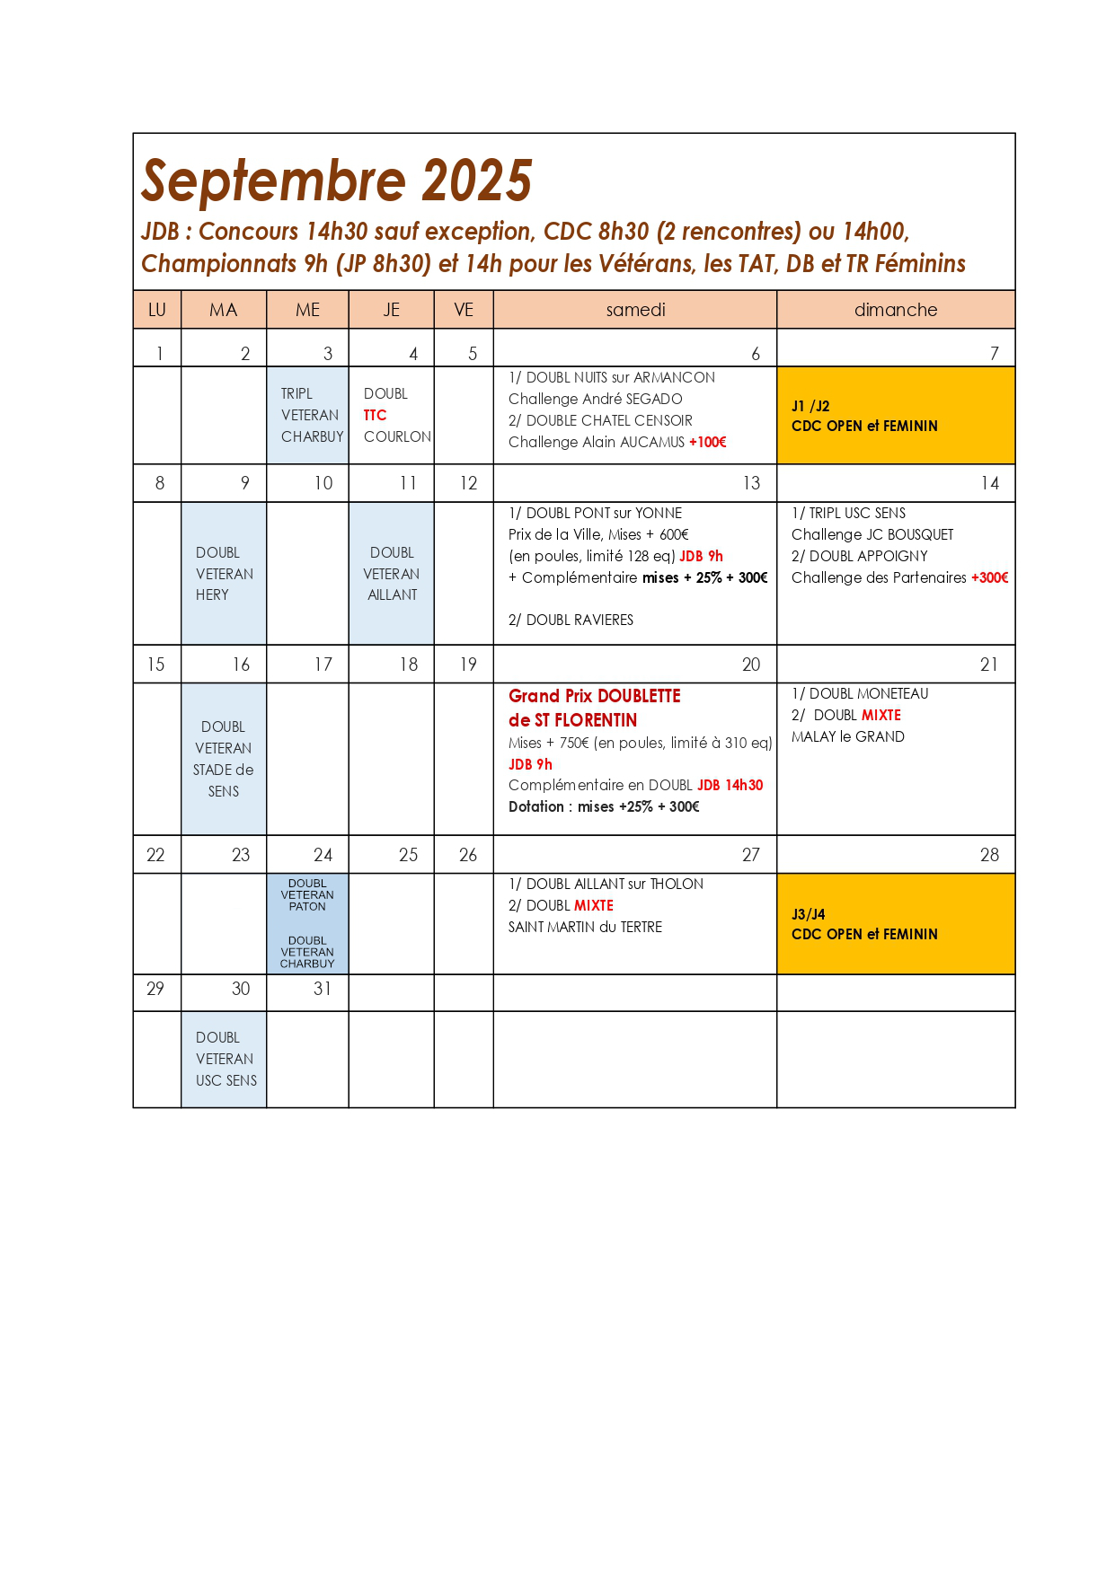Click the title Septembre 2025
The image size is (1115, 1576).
(337, 180)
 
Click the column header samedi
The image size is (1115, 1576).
(635, 310)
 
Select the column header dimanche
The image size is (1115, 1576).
(895, 310)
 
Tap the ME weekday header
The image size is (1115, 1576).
(307, 310)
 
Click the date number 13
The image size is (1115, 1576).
(751, 483)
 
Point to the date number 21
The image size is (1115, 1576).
(988, 665)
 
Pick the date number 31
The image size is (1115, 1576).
(323, 989)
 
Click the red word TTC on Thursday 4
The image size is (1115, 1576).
(375, 415)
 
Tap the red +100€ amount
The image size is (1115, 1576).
(708, 442)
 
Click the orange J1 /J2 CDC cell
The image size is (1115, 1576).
(895, 415)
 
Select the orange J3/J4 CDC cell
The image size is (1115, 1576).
(895, 923)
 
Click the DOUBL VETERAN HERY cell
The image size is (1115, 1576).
(224, 573)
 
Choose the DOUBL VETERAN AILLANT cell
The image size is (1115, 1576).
(392, 573)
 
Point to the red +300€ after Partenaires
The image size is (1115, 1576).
(989, 577)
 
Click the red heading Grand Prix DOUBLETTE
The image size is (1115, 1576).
(594, 696)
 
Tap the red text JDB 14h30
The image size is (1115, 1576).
(730, 785)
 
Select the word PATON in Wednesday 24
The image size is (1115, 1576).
(307, 906)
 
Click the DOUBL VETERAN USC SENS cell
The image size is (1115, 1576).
(224, 1059)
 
